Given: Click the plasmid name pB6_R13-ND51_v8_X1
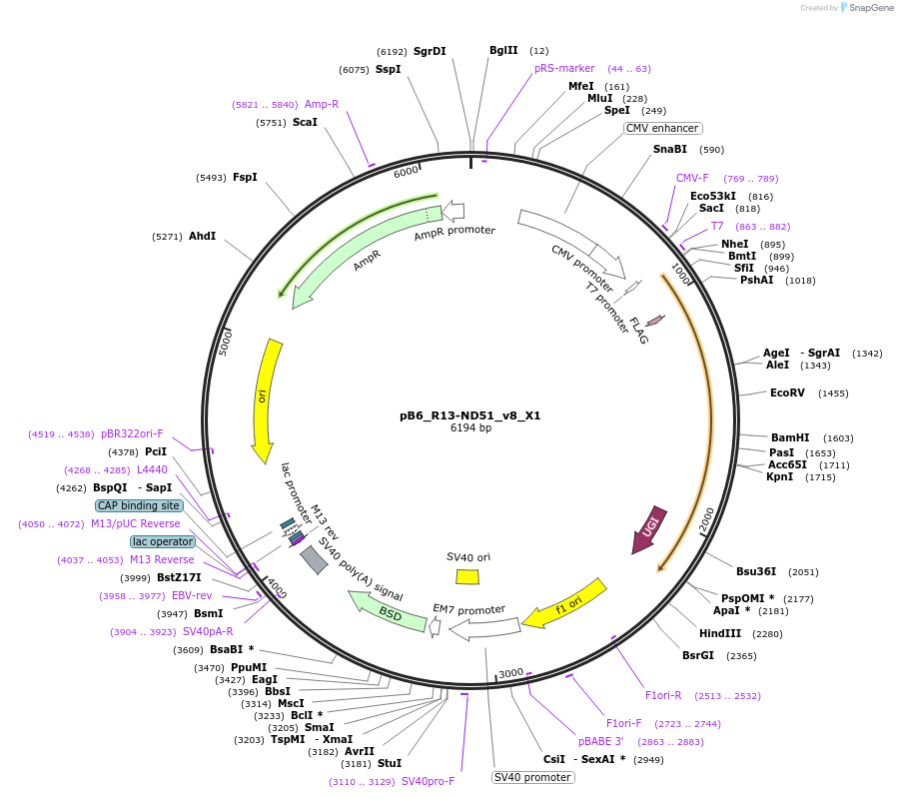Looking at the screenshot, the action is tap(470, 414).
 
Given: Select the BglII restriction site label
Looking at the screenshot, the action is tap(503, 50).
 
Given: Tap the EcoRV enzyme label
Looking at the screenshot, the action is tap(787, 393).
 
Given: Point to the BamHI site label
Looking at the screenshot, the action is tap(791, 437).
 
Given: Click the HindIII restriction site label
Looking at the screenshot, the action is tap(719, 632).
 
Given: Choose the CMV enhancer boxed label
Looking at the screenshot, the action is tap(662, 128).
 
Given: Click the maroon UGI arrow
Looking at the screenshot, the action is tap(646, 529).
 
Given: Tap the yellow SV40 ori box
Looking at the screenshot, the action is tap(467, 576).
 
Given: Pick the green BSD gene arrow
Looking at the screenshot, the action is tap(387, 610).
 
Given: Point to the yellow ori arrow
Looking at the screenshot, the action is tap(264, 399).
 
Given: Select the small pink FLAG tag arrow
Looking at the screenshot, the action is tap(654, 321).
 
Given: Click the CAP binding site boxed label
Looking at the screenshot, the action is tap(139, 505).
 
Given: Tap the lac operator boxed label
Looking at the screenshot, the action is tap(162, 541).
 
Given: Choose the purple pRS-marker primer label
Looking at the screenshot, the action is tap(564, 68).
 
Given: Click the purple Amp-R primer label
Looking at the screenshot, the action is tap(321, 104).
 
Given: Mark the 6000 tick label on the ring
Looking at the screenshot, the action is tap(407, 171).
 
